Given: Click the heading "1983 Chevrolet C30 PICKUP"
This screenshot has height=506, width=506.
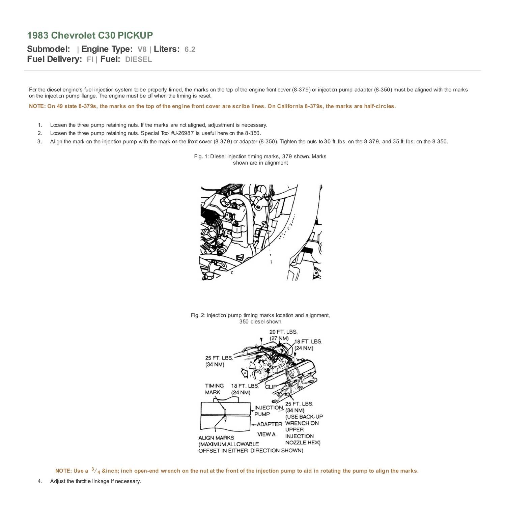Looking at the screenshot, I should [x=90, y=35].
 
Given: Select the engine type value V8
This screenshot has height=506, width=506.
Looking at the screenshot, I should [x=142, y=49].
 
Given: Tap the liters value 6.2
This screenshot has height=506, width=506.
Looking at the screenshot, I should [x=190, y=49].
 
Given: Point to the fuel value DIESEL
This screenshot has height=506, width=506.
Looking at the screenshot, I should [x=138, y=59].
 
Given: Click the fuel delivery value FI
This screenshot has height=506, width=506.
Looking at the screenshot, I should [x=90, y=59].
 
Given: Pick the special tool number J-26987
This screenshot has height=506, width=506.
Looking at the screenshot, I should [x=182, y=133].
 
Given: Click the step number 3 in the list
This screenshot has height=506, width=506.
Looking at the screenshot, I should [x=40, y=141].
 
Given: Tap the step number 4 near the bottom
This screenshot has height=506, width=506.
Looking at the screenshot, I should [x=40, y=481].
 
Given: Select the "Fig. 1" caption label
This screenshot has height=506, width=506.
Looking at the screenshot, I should [x=201, y=157].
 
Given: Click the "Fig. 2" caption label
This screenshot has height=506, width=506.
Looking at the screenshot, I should [x=198, y=315].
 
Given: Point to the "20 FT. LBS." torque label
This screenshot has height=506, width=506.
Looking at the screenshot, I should [x=283, y=332].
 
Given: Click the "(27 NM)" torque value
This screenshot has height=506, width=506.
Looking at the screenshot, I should [x=279, y=338].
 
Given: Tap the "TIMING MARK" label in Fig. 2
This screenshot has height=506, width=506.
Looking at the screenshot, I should [x=214, y=389].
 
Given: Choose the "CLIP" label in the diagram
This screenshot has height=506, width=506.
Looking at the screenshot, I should [x=271, y=387].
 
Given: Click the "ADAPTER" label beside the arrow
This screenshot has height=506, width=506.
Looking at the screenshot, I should [x=270, y=424].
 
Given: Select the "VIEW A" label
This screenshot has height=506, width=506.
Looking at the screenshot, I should [x=266, y=434].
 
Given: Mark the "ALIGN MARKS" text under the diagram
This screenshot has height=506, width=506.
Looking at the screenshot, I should [x=216, y=438].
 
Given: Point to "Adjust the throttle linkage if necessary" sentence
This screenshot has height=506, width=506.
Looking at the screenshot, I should [x=95, y=481].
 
